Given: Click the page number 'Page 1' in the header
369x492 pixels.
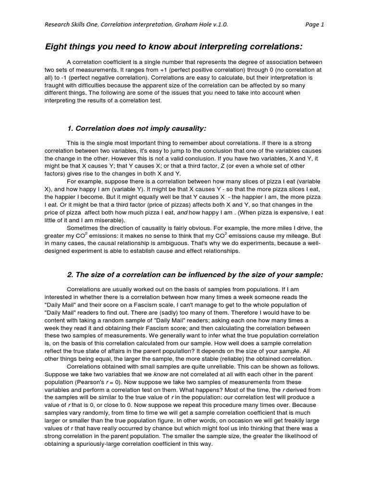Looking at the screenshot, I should pyautogui.click(x=315, y=25).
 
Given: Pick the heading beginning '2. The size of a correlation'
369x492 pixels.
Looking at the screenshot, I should pyautogui.click(x=195, y=274).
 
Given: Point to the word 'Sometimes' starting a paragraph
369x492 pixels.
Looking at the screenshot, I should pyautogui.click(x=82, y=227).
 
